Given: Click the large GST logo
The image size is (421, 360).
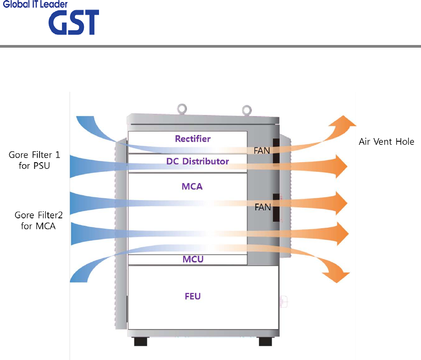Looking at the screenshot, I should [x=74, y=23].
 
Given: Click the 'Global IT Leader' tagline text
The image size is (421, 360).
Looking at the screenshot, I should [x=36, y=4].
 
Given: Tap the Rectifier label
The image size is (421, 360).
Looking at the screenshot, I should [x=193, y=139].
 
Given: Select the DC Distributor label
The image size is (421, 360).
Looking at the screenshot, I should [x=198, y=161].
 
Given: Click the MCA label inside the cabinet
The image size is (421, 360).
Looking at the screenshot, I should [x=193, y=187].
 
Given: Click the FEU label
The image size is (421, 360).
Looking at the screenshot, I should [x=193, y=296].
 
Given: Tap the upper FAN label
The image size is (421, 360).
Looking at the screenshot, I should [x=262, y=151].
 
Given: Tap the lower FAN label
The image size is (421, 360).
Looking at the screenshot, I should [x=262, y=207].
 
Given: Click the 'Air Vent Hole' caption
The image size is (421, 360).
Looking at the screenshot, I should [x=387, y=142].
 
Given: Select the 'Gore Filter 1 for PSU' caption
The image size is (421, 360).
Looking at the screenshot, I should [x=34, y=160].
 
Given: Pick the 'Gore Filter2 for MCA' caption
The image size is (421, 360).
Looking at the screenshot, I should [x=38, y=220].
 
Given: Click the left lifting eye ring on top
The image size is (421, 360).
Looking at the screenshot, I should [x=182, y=108].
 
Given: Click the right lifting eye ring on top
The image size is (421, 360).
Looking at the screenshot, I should [x=245, y=109].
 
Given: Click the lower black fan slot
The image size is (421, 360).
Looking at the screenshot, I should [x=276, y=208].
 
